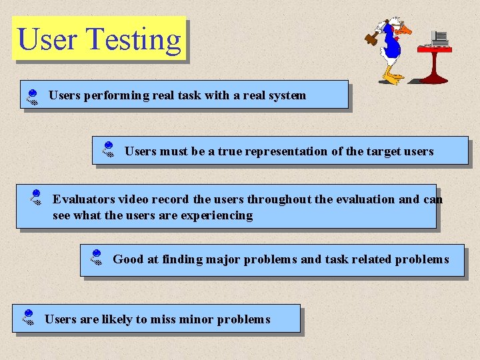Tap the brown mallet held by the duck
[371, 39]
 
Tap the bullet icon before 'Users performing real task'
[31, 98]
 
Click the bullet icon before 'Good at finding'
[96, 258]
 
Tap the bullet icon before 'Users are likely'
[28, 317]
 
